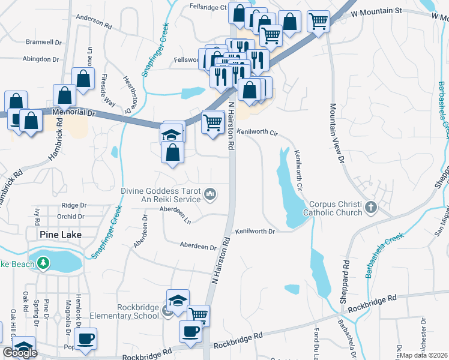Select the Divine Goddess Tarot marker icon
point(211,193)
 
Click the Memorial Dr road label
point(74,112)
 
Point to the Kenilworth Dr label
point(255,231)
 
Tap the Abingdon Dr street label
point(41,59)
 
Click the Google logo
point(20,353)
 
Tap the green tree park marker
point(43,263)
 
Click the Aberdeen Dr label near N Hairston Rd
point(198,247)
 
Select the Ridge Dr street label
point(74,205)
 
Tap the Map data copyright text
point(423,355)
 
